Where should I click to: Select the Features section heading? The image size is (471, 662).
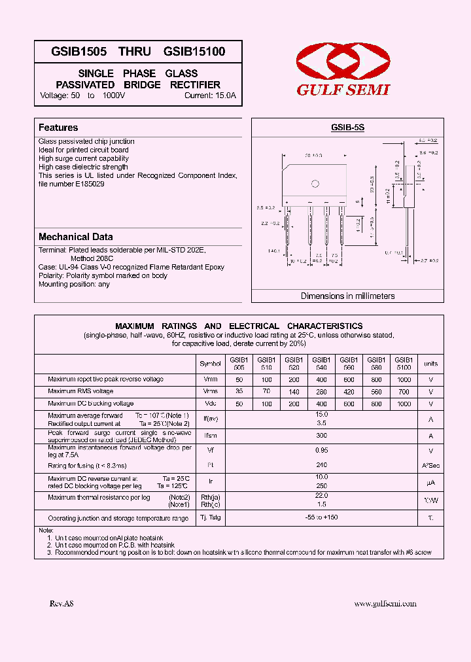tap(58, 128)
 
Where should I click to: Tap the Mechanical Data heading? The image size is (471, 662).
tap(75, 237)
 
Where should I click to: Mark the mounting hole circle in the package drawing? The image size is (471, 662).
tap(315, 183)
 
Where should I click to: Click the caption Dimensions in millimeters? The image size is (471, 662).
tap(347, 296)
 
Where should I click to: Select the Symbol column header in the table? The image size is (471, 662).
tap(210, 364)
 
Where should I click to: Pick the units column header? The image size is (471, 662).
tap(430, 364)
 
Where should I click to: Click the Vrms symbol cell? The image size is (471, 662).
tap(210, 392)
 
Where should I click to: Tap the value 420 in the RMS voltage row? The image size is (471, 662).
tap(349, 392)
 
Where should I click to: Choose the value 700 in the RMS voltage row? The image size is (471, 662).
tap(404, 392)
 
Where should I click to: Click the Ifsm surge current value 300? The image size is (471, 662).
tap(321, 435)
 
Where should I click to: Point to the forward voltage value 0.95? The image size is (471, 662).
tap(321, 451)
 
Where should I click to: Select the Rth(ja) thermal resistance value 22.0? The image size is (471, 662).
tap(321, 497)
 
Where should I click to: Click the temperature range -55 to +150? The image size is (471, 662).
tap(321, 517)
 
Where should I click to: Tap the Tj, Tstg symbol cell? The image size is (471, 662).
tap(210, 517)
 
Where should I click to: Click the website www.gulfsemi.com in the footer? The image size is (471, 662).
tap(385, 604)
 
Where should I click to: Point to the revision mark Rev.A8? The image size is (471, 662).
tap(61, 604)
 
